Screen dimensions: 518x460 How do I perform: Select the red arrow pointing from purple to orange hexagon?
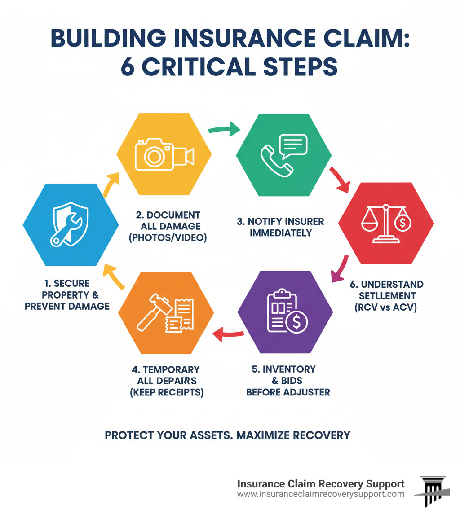pyautogui.click(x=228, y=333)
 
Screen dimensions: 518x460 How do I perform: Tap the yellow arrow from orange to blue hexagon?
pyautogui.click(x=115, y=278)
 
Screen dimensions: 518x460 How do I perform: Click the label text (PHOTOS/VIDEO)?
pyautogui.click(x=168, y=238)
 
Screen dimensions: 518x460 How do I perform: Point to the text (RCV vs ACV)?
pyautogui.click(x=386, y=308)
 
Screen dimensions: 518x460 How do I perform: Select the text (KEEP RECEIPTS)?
pyautogui.click(x=167, y=392)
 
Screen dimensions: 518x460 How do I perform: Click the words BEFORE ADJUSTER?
pyautogui.click(x=287, y=392)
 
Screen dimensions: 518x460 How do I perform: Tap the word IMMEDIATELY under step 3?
pyautogui.click(x=281, y=233)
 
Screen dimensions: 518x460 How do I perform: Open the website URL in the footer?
pyautogui.click(x=320, y=494)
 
